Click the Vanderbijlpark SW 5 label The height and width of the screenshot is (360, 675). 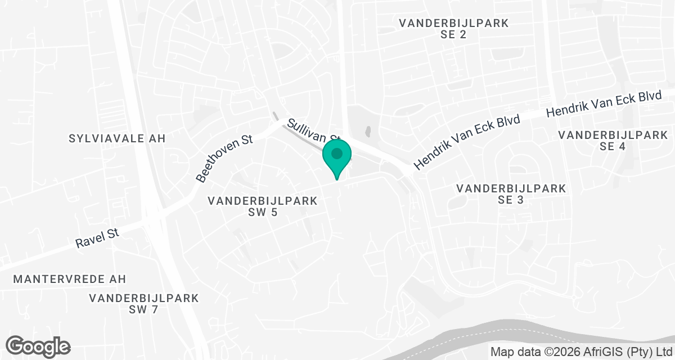click(x=263, y=206)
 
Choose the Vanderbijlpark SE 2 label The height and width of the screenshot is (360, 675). click(x=453, y=29)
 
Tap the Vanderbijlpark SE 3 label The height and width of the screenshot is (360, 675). click(x=511, y=193)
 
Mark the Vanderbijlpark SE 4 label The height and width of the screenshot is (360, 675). click(x=613, y=141)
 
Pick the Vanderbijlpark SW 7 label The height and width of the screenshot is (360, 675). click(x=143, y=304)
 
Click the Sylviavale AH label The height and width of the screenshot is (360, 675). click(x=117, y=138)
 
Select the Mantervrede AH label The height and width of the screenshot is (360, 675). click(x=70, y=279)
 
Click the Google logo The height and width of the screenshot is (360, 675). click(x=38, y=346)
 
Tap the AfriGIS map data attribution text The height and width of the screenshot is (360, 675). click(x=582, y=352)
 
